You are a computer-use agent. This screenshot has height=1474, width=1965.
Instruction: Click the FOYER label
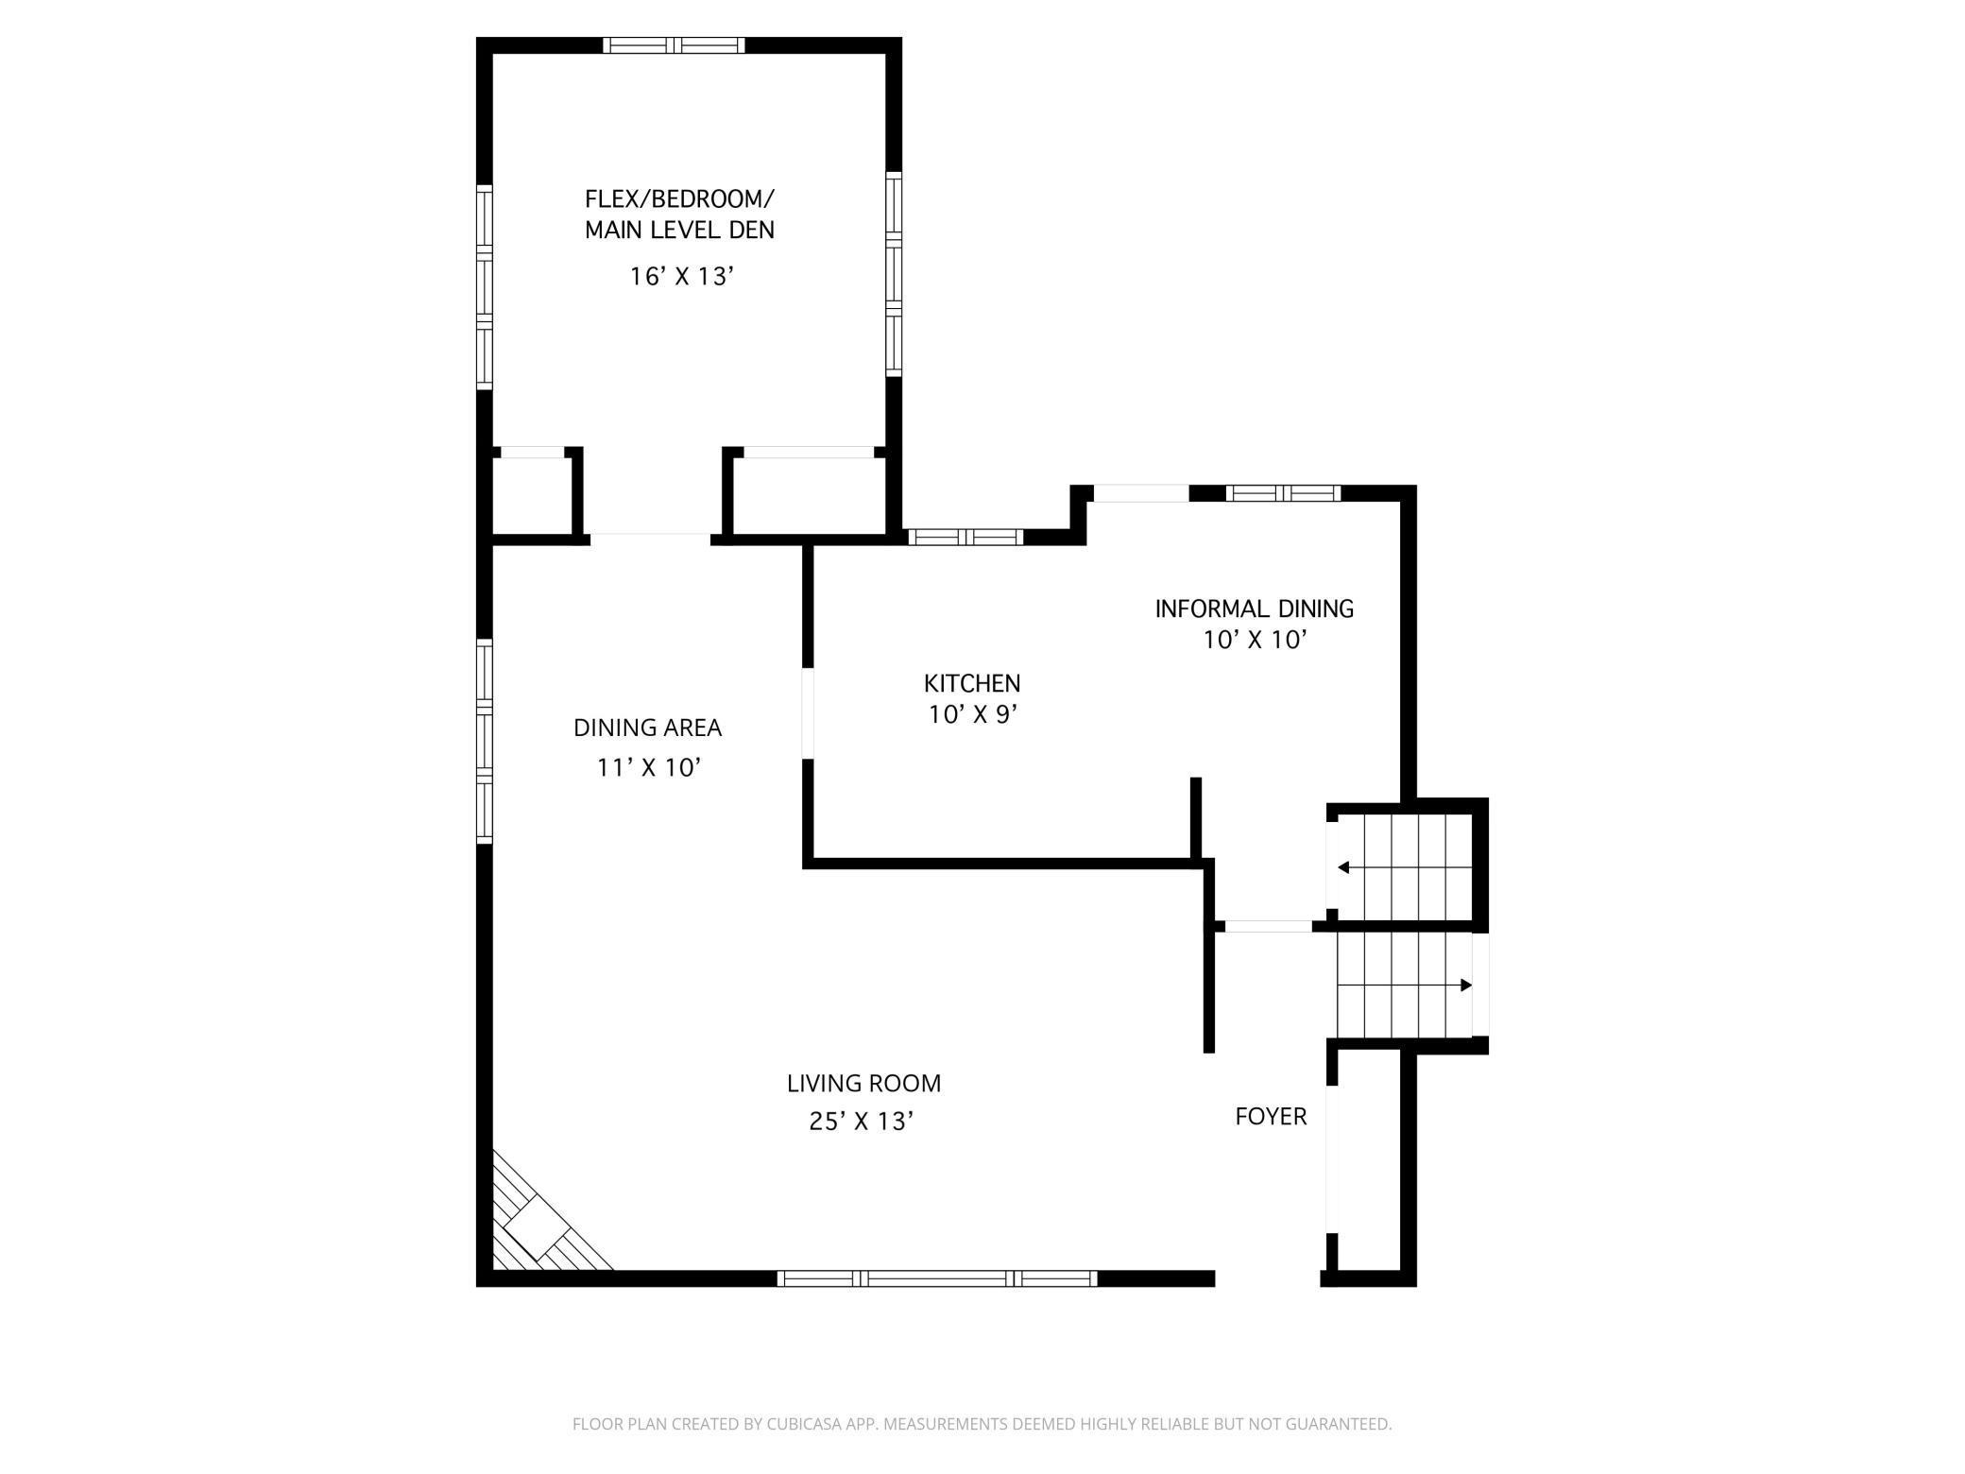(x=1271, y=1117)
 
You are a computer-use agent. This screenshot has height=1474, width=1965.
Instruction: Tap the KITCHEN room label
(x=971, y=683)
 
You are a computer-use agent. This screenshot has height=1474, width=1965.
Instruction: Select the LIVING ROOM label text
(x=863, y=1083)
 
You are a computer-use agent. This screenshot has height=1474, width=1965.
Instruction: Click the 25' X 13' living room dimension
(x=861, y=1122)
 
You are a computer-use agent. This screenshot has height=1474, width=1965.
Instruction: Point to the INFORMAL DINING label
(x=1254, y=608)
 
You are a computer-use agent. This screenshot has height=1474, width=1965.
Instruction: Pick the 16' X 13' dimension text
(x=681, y=277)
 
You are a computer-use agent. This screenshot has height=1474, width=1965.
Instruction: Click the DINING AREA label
(x=647, y=728)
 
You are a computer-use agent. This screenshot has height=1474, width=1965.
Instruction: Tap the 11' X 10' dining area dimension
(x=648, y=767)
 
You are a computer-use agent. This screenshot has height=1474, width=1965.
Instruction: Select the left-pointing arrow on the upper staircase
(x=1342, y=867)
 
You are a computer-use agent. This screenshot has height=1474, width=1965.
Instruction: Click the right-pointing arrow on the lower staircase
(x=1466, y=986)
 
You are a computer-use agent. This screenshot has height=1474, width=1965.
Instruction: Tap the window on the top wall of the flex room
(x=674, y=45)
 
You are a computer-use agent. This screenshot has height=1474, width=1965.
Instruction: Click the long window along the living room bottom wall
(x=936, y=1278)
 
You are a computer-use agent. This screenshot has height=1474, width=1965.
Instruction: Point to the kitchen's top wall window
(x=965, y=537)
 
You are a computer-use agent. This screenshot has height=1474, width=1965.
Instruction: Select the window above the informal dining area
(x=1282, y=492)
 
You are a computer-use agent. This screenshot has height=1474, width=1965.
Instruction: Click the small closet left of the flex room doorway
(x=531, y=496)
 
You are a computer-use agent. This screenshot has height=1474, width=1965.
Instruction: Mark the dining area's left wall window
(x=484, y=741)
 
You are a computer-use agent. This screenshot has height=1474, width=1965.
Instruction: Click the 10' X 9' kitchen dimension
(x=971, y=715)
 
